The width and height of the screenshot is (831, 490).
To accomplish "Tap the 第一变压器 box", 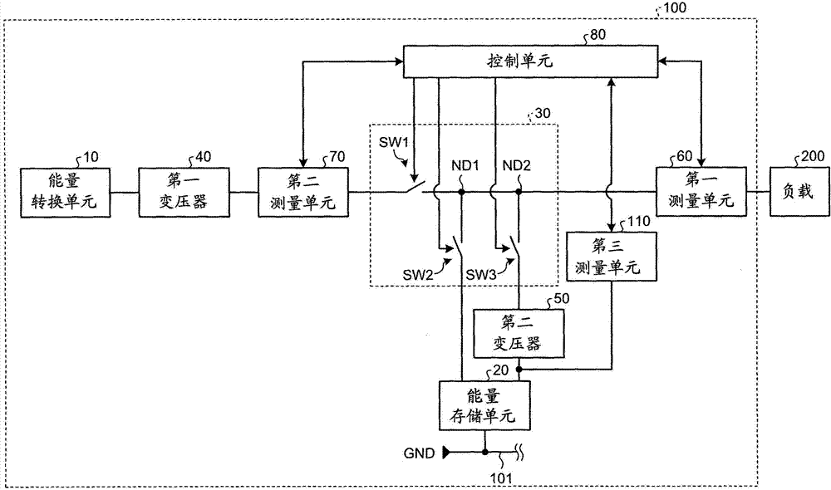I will (181, 192).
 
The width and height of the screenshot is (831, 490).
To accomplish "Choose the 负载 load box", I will (801, 192).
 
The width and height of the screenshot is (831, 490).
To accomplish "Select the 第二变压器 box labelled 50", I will (518, 332).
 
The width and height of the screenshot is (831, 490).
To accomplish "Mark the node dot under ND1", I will (460, 192).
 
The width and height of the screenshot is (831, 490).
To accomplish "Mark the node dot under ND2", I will (518, 192).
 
